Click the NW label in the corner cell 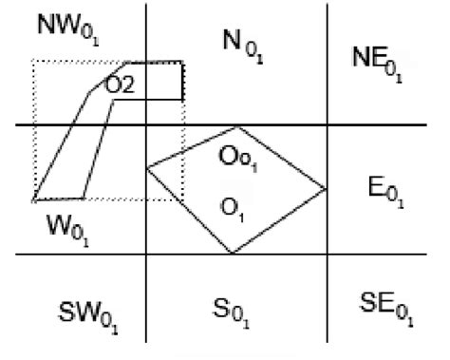[x=66, y=28]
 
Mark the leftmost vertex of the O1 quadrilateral [x=147, y=169]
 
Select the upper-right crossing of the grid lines [x=328, y=125]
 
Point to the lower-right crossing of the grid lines [x=328, y=255]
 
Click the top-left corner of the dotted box [x=34, y=61]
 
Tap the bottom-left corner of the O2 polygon [x=33, y=201]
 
